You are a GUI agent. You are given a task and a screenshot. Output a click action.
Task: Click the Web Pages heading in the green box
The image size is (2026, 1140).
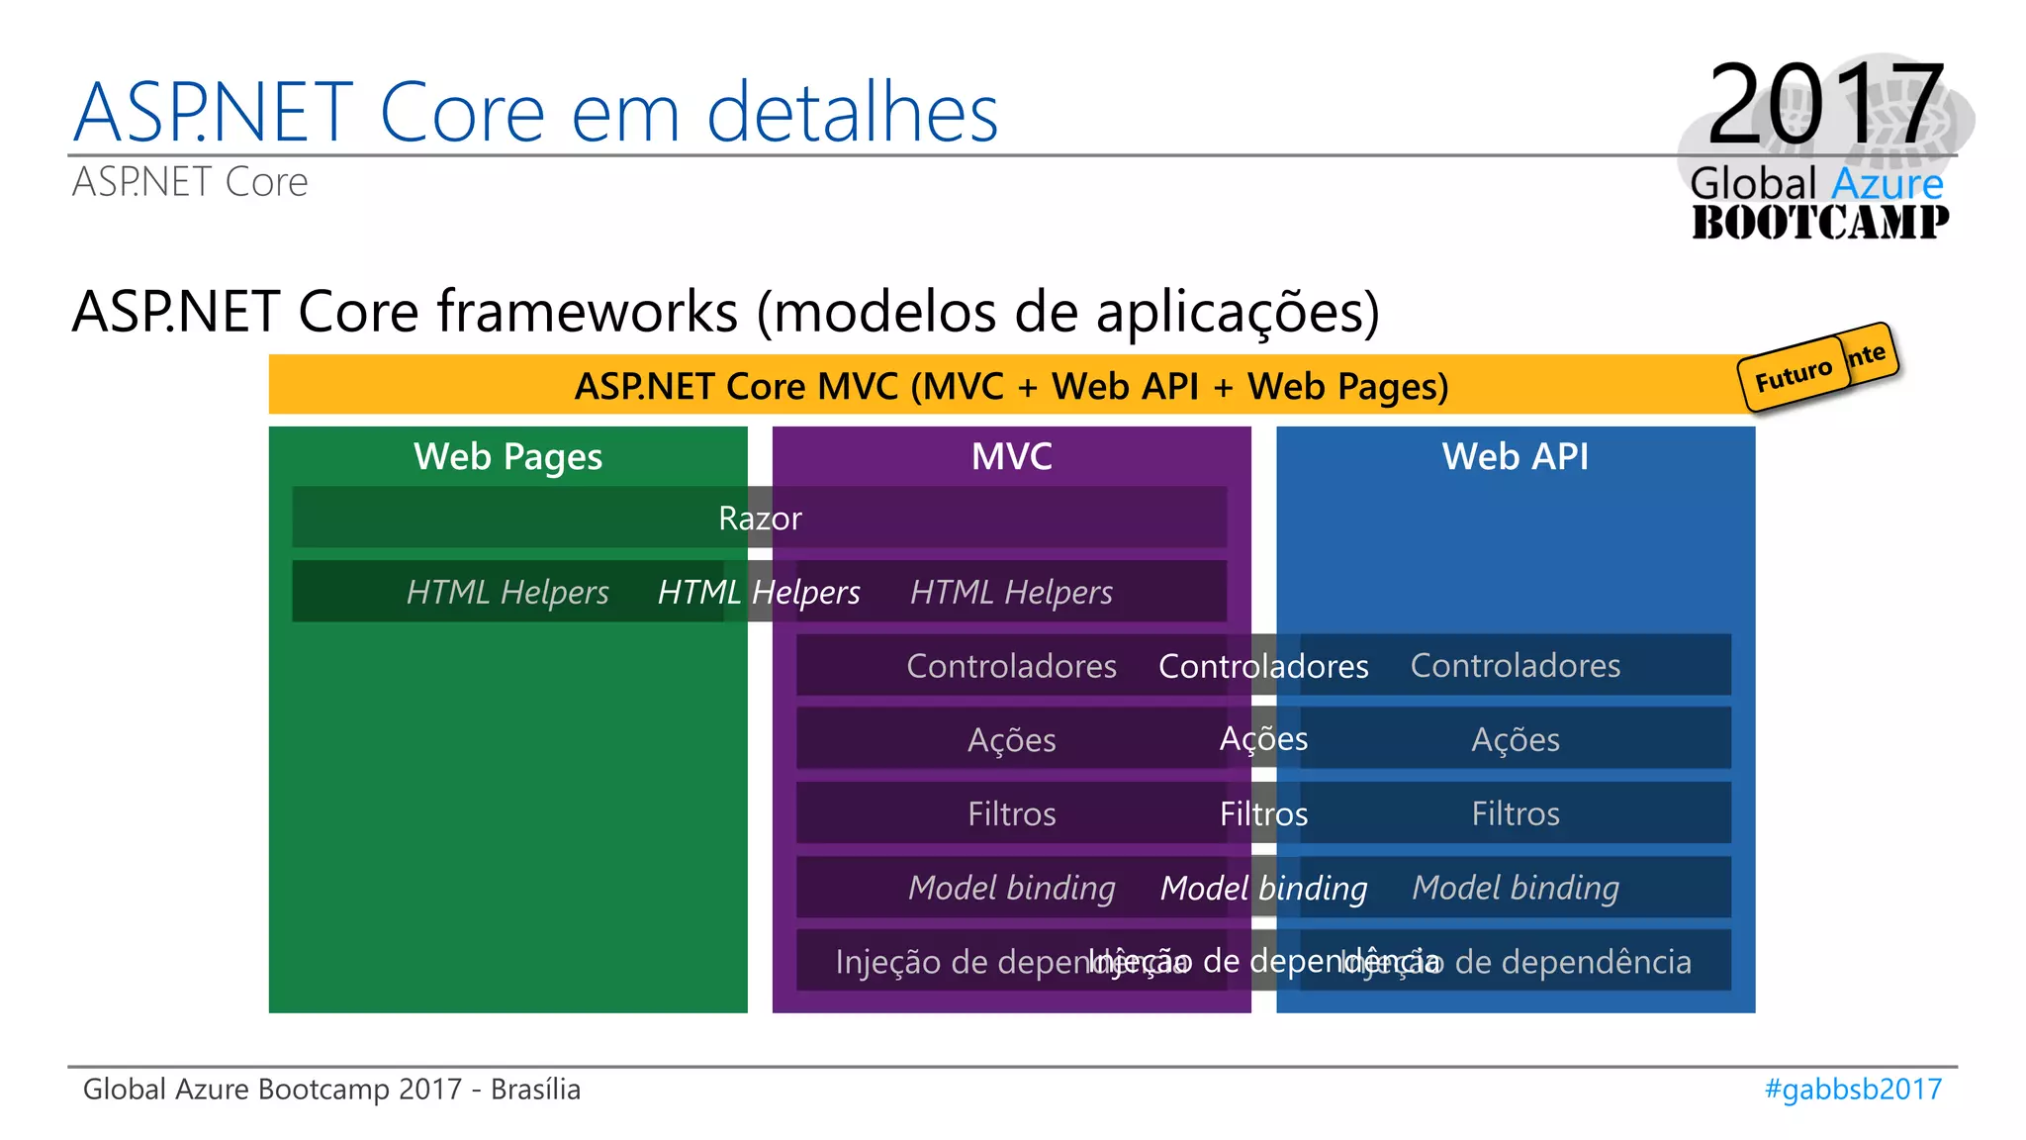[x=507, y=457]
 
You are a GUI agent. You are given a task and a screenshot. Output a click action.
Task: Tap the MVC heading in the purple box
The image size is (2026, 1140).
[x=1011, y=457]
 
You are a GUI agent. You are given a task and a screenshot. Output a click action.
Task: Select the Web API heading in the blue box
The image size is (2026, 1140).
[x=1515, y=457]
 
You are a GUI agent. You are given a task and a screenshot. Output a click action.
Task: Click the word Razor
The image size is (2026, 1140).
[x=760, y=519]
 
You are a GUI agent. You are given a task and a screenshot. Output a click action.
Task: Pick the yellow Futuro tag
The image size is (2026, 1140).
[x=1793, y=377]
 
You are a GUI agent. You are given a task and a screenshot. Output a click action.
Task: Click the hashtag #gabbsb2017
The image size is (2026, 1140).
[x=1853, y=1090]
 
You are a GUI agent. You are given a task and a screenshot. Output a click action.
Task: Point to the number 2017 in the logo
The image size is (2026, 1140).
[x=1825, y=104]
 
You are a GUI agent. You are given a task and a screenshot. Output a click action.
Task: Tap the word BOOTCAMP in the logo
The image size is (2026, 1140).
[x=1819, y=223]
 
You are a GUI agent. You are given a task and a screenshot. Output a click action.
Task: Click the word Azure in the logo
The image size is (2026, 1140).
[x=1887, y=184]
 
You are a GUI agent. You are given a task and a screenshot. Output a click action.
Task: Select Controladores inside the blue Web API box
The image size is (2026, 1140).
[x=1515, y=666]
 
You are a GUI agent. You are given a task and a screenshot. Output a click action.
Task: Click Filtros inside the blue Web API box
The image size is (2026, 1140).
[x=1515, y=814]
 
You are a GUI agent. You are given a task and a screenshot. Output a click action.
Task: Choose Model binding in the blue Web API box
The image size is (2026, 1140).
[x=1515, y=889]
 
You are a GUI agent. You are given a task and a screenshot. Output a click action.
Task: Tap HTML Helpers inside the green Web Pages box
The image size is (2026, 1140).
[x=507, y=593]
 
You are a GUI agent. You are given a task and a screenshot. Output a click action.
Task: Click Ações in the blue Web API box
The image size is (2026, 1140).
[x=1515, y=740]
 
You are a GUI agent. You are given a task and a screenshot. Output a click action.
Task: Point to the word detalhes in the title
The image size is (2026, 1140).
[x=852, y=114]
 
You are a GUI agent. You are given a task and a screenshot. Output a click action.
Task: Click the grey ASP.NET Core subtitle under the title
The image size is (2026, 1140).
[x=190, y=183]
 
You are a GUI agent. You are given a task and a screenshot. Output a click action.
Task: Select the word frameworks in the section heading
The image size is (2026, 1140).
[x=588, y=313]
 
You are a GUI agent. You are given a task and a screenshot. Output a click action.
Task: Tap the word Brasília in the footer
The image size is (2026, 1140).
[x=535, y=1090]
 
